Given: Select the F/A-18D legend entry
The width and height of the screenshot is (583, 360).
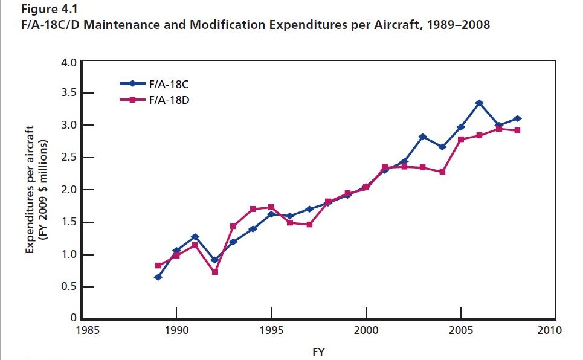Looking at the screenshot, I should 169,100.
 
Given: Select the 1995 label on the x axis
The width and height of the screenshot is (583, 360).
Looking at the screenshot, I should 271,330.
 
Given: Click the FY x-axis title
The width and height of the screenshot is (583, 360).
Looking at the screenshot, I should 318,352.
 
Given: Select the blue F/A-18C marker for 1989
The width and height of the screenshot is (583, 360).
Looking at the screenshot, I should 158,277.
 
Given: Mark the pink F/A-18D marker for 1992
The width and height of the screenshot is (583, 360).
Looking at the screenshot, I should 214,272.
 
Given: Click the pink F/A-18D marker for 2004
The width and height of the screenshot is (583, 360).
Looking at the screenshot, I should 442,172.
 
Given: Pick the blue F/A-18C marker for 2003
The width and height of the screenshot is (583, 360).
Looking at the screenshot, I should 423,137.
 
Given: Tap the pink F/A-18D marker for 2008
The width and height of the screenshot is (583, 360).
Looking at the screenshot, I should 518,130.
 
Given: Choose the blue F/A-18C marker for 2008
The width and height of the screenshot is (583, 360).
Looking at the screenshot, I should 518,118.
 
